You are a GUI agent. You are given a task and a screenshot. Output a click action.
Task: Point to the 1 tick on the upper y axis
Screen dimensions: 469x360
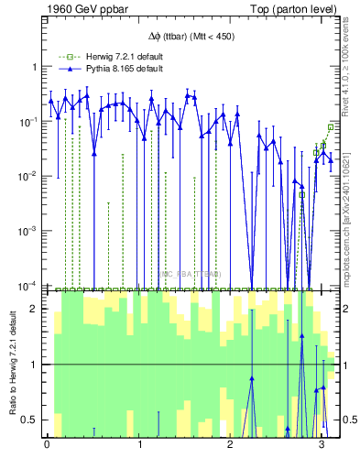click(34, 67)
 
